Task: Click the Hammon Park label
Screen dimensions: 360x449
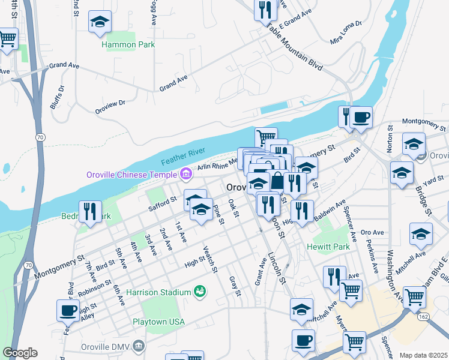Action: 128,44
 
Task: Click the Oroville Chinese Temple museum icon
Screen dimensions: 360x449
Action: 185,175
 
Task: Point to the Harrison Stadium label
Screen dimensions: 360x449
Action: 158,292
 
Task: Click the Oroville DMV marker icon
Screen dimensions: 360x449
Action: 139,346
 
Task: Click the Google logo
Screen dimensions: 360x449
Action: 20,353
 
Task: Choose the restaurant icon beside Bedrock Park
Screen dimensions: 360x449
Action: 90,211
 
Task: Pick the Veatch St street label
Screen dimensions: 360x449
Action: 209,259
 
